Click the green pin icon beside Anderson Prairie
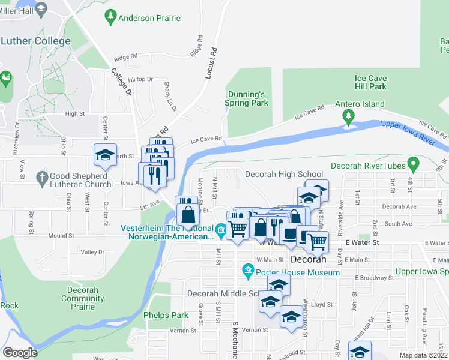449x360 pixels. click(110, 17)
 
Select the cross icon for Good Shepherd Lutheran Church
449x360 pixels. click(41, 177)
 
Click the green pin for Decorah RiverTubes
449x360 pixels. click(412, 163)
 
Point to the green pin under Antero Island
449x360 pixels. click(348, 118)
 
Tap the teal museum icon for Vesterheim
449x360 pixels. click(220, 229)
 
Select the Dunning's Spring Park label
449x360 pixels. click(246, 98)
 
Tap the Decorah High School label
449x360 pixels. click(284, 175)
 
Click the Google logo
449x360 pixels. click(20, 353)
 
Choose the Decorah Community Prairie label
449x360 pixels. click(79, 298)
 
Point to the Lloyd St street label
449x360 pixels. click(321, 305)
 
